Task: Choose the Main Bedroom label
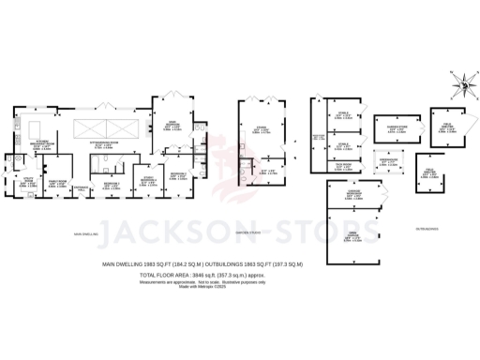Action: click(172, 127)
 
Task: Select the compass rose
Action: click(459, 85)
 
